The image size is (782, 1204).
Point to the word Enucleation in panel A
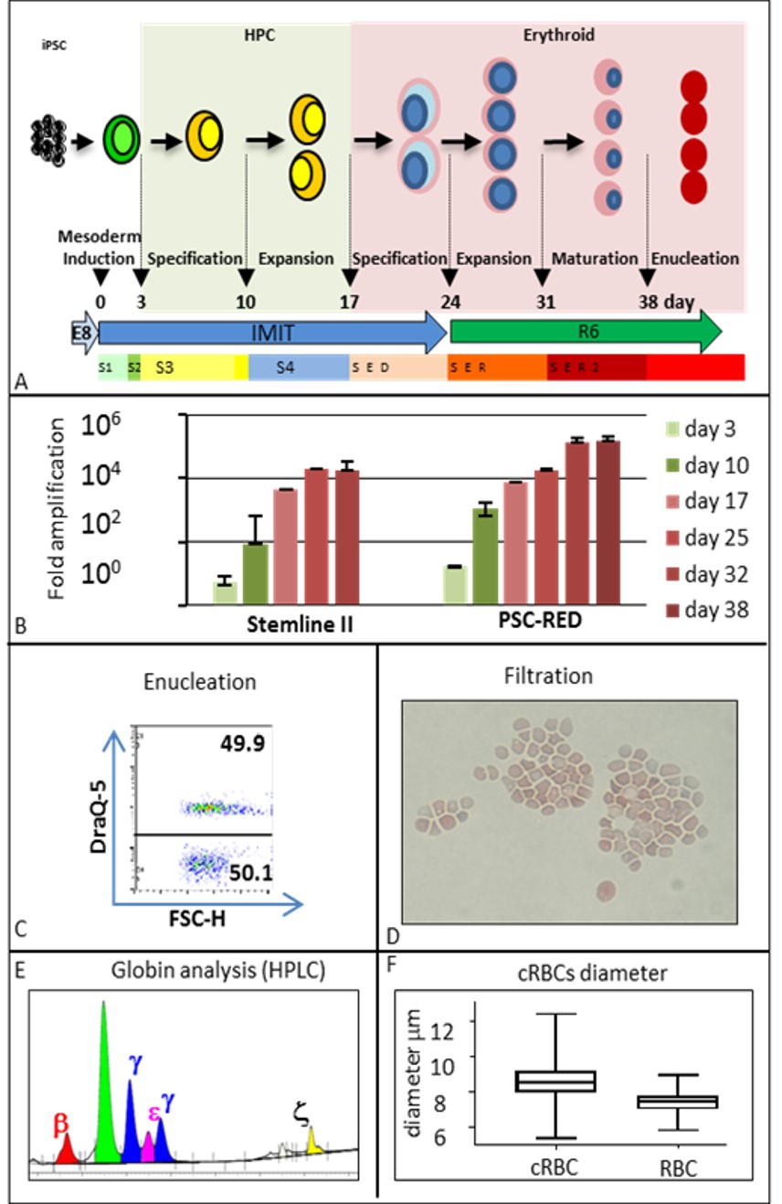coord(696,259)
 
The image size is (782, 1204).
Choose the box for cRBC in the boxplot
coord(555,1081)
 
